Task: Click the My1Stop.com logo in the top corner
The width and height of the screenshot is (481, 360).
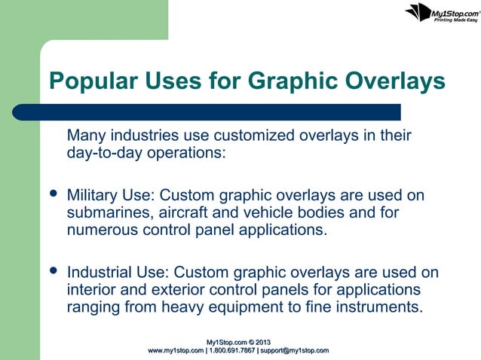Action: click(x=443, y=13)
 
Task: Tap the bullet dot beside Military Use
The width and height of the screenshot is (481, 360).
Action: click(x=53, y=195)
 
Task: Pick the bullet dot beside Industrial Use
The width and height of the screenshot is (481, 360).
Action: click(x=53, y=269)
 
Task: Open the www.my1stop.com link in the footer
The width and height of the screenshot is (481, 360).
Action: click(x=176, y=351)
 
